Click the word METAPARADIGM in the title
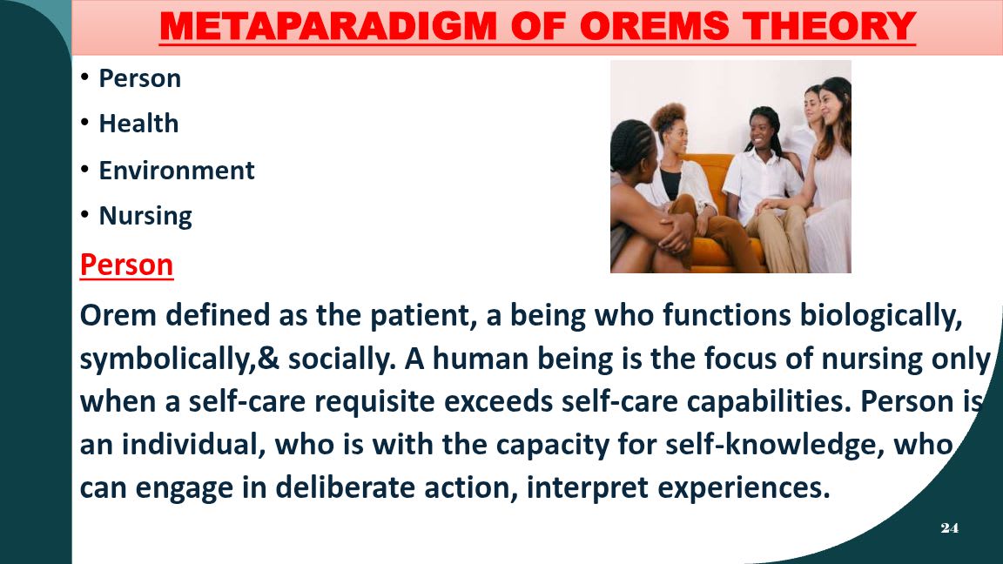328,26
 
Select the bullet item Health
138,124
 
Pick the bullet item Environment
177,170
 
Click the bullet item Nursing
145,216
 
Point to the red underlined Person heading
126,265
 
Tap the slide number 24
949,527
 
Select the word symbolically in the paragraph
167,359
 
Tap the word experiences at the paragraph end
744,488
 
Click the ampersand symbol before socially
269,359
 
